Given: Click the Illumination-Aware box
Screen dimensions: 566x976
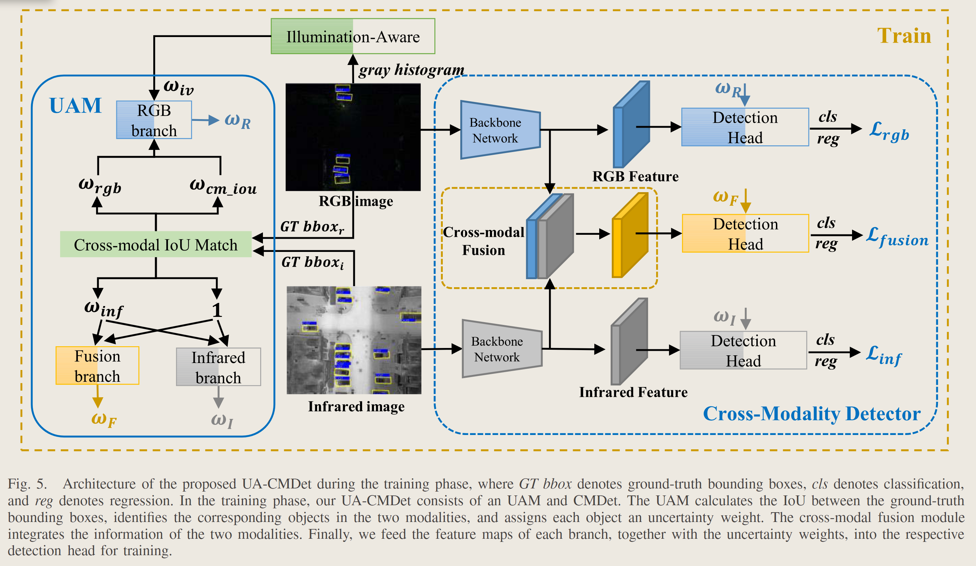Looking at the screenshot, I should click(x=352, y=36).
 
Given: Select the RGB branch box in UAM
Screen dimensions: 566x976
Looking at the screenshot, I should click(x=154, y=120).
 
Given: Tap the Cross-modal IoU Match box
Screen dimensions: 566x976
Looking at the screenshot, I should click(x=155, y=245).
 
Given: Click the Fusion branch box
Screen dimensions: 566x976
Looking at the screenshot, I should click(x=97, y=366).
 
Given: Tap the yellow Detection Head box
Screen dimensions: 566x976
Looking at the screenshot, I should click(x=745, y=234).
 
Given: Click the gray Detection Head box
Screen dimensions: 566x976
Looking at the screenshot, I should click(x=743, y=350).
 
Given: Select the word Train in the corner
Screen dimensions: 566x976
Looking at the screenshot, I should click(x=904, y=36).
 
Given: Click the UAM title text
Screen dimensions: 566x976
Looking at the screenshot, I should click(x=75, y=106).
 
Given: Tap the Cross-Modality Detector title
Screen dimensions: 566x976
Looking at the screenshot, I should click(x=812, y=413).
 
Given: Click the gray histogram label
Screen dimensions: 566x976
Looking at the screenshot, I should click(x=411, y=70).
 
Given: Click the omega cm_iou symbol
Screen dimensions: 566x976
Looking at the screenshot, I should click(x=223, y=186).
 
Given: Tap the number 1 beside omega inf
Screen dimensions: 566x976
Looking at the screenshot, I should click(x=217, y=310).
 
